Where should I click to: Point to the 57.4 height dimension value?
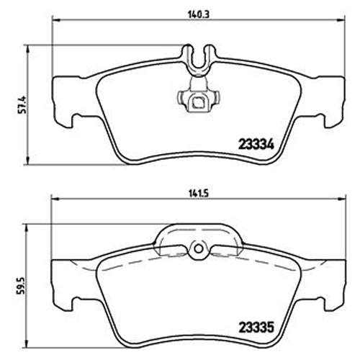tap(22, 105)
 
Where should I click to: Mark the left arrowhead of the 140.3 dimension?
tap(54, 20)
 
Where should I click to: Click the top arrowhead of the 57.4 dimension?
tap(29, 45)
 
